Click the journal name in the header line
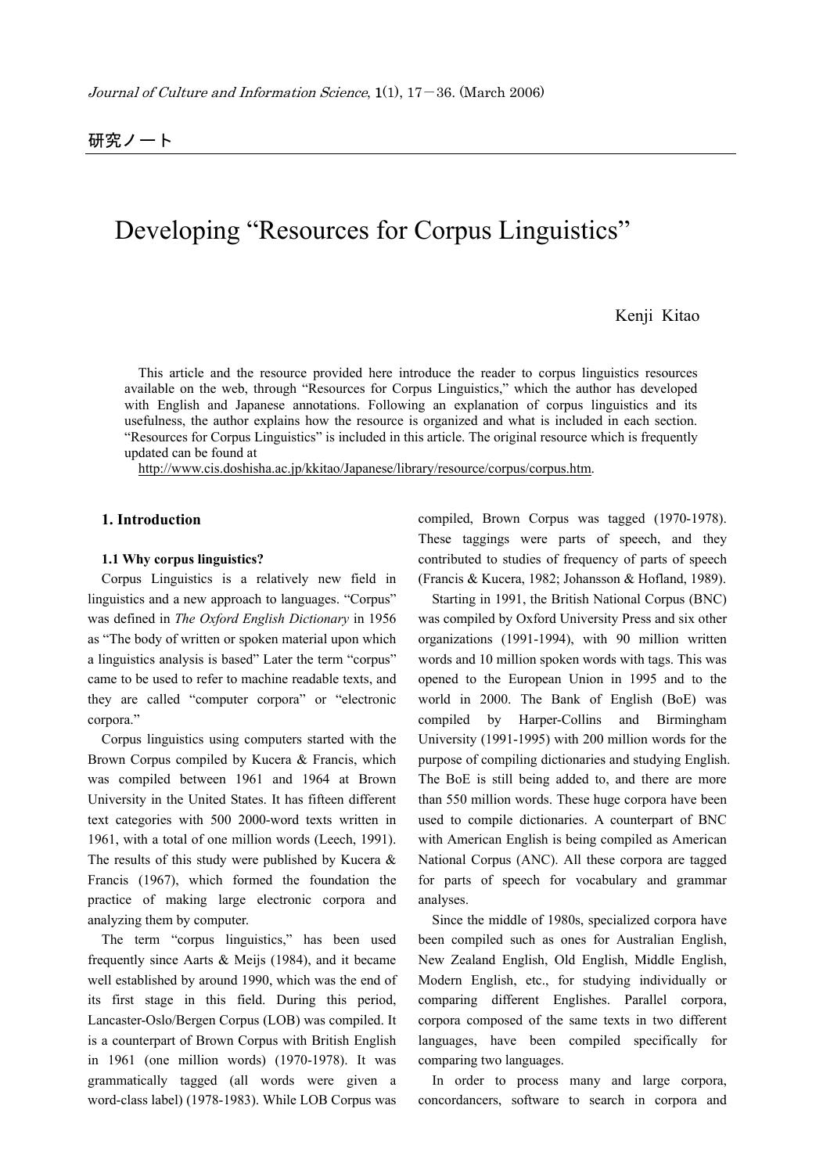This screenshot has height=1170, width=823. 228,92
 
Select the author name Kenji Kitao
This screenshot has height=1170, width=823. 657,315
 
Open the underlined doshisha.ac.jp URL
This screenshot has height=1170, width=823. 365,469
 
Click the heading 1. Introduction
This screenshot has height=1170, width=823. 151,520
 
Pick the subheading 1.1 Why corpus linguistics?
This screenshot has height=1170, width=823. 182,559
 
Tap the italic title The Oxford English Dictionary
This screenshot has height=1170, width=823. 262,618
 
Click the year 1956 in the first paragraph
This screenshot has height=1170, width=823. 383,618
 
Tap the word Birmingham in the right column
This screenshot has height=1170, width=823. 692,719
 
